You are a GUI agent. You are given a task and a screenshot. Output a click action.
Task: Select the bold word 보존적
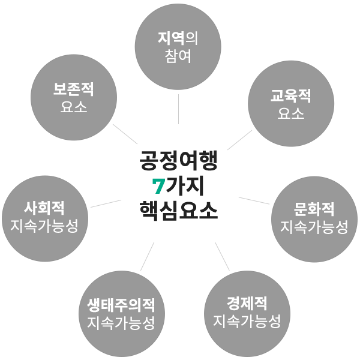click(x=74, y=91)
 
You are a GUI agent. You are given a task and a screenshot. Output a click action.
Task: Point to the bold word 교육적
click(x=291, y=95)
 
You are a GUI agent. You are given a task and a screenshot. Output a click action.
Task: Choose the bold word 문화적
click(x=314, y=209)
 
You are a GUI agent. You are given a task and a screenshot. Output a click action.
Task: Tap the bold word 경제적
click(x=247, y=302)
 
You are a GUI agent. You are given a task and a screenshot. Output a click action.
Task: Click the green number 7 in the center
click(x=158, y=186)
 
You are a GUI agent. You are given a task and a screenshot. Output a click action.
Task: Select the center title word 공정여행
click(x=178, y=160)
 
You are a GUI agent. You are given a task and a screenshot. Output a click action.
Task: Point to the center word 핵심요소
click(x=178, y=211)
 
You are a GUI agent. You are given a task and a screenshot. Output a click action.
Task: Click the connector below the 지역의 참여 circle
click(x=178, y=109)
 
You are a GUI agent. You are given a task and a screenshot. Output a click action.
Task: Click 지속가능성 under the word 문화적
click(x=314, y=227)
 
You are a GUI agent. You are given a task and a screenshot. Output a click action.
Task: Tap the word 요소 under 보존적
click(x=74, y=109)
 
